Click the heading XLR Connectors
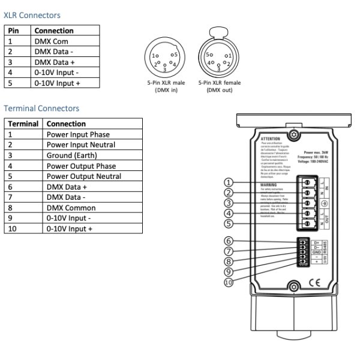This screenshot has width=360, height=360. pyautogui.click(x=32, y=15)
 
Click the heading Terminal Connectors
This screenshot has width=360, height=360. pyautogui.click(x=41, y=109)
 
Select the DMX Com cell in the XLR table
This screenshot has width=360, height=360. pyautogui.click(x=51, y=41)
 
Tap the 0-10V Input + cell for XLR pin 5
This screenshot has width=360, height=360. pyautogui.click(x=57, y=83)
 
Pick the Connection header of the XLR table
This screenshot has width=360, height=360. pyautogui.click(x=54, y=31)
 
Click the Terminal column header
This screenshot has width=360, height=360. pyautogui.click(x=23, y=124)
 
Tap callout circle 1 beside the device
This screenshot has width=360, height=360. pyautogui.click(x=228, y=182)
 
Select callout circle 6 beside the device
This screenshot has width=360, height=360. pyautogui.click(x=228, y=241)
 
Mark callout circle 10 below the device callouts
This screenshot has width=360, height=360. pyautogui.click(x=228, y=282)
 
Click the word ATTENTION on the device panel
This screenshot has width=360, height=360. pyautogui.click(x=271, y=139)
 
